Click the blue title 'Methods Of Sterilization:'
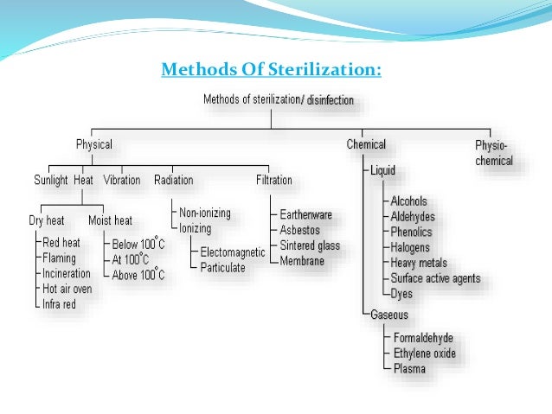pyautogui.click(x=271, y=69)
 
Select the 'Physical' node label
pyautogui.click(x=93, y=144)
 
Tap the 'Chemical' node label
pyautogui.click(x=366, y=144)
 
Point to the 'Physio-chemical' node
pyautogui.click(x=494, y=153)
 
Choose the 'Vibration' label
pyautogui.click(x=121, y=180)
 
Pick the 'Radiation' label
pyautogui.click(x=173, y=180)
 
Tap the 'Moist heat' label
pyautogui.click(x=111, y=220)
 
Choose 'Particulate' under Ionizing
pyautogui.click(x=222, y=267)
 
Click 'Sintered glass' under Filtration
pyautogui.click(x=309, y=245)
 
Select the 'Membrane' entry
pyautogui.click(x=302, y=260)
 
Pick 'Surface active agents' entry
pyautogui.click(x=434, y=278)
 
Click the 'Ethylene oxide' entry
pyautogui.click(x=424, y=353)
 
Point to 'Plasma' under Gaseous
pyautogui.click(x=409, y=369)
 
